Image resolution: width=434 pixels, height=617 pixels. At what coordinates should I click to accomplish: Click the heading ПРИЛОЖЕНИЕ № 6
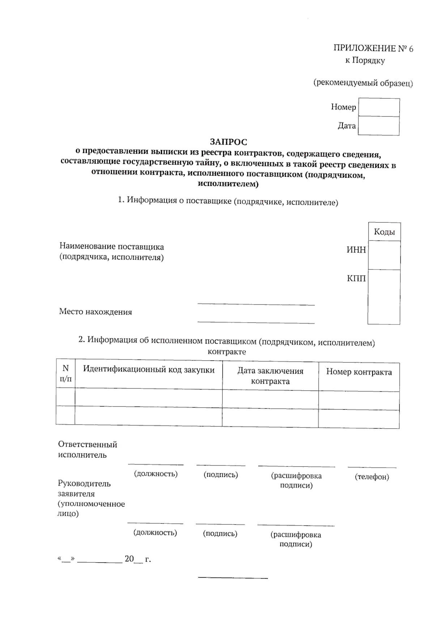[373, 48]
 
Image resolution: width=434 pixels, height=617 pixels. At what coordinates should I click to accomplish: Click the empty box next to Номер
[379, 107]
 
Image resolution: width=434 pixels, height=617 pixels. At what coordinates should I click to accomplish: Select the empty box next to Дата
[378, 126]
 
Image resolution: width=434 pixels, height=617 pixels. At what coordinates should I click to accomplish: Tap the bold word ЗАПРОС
[228, 142]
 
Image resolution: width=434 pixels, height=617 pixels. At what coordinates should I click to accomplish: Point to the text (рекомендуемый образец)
[363, 83]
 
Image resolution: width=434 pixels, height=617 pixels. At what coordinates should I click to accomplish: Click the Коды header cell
[384, 232]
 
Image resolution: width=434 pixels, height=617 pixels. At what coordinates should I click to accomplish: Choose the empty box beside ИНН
[384, 255]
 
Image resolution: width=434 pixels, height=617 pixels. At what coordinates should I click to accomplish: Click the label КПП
[356, 278]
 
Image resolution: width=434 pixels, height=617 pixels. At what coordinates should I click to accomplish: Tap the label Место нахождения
[95, 312]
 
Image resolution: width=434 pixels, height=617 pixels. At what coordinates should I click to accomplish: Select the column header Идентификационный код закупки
[149, 370]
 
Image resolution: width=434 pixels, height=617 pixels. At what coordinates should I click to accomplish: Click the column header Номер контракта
[359, 372]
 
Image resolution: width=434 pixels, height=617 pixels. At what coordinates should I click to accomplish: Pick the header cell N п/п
[65, 374]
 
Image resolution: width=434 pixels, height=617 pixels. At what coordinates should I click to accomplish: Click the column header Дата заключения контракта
[270, 376]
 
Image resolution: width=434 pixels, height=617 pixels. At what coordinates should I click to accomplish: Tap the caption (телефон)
[372, 477]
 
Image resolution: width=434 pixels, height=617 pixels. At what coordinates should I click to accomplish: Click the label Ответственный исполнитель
[87, 450]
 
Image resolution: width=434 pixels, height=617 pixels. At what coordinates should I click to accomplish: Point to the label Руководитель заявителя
[84, 488]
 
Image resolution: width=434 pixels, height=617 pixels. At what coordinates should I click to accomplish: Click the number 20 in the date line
[129, 559]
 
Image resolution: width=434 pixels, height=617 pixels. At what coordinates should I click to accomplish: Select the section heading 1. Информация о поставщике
[228, 201]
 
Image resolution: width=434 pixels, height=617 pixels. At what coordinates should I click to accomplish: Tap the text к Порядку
[365, 60]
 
